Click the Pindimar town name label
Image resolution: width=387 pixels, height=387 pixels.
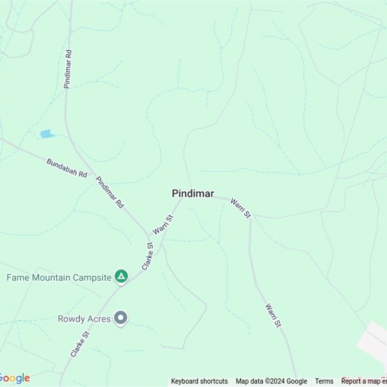(193, 193)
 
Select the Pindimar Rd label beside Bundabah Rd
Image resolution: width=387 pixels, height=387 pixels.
(110, 192)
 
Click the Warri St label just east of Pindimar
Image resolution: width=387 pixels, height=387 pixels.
(240, 208)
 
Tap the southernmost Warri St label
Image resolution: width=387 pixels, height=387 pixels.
(273, 315)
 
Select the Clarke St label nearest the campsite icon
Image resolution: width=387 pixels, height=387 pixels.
(148, 256)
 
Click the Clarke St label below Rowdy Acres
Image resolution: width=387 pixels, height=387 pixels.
(80, 344)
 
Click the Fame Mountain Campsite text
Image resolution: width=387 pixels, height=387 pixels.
(59, 278)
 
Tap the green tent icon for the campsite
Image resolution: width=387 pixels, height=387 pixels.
(121, 277)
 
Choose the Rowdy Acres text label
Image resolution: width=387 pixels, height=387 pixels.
(84, 319)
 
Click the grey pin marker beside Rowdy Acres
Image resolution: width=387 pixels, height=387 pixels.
(121, 318)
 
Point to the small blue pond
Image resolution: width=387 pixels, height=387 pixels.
(47, 134)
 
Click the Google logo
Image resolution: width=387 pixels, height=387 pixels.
(15, 378)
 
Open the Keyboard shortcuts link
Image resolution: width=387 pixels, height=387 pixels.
(199, 381)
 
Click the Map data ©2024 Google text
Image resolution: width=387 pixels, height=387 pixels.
(271, 381)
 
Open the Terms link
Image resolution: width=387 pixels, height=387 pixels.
(324, 381)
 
